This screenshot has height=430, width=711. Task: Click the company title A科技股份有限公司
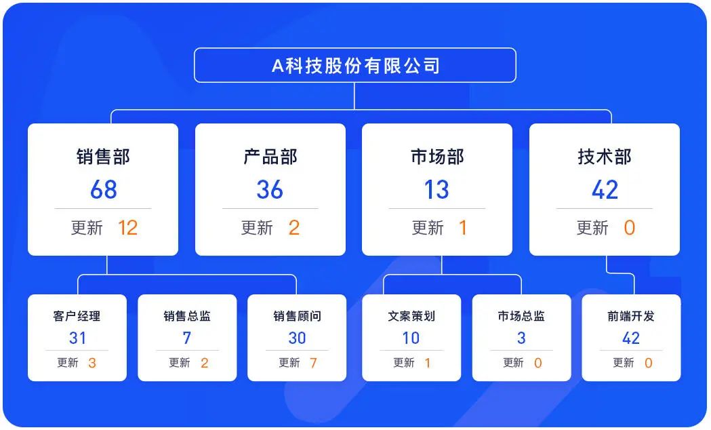(x=355, y=66)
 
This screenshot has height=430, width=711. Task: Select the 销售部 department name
(x=103, y=157)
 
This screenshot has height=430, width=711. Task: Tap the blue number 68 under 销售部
(x=103, y=190)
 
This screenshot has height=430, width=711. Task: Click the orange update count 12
(x=127, y=228)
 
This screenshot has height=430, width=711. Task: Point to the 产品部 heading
(x=270, y=157)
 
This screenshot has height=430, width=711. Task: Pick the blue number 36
(x=270, y=190)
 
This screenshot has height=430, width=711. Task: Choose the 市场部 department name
(x=437, y=157)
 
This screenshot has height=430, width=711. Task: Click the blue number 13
(x=436, y=190)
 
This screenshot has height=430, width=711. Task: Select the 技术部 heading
(x=604, y=157)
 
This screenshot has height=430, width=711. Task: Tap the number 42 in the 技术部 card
(x=605, y=190)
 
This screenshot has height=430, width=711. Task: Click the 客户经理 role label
(x=77, y=316)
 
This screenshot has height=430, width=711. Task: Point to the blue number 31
(x=77, y=338)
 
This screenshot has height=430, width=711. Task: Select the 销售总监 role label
(x=187, y=316)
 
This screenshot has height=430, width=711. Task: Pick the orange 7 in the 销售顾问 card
(x=313, y=363)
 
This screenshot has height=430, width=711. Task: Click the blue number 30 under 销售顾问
(x=297, y=338)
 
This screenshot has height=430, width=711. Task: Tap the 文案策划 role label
(x=411, y=316)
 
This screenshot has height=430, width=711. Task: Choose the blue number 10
(x=411, y=338)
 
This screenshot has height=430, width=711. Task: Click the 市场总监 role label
(x=521, y=316)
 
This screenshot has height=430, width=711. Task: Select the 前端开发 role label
(x=631, y=316)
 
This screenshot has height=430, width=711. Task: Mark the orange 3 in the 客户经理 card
(x=92, y=363)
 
